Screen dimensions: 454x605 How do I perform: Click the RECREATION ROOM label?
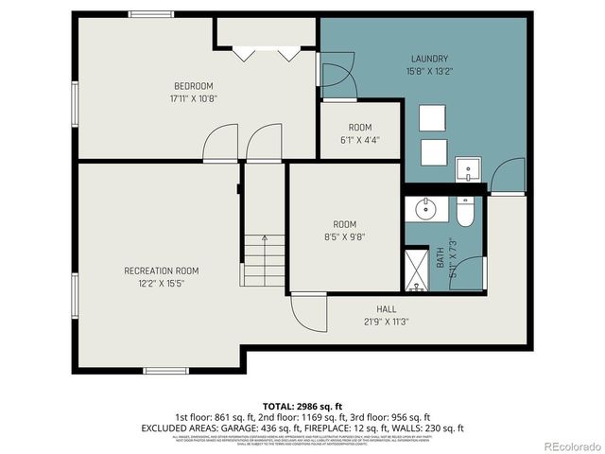(162, 271)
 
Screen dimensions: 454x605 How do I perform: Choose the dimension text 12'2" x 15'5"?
(162, 283)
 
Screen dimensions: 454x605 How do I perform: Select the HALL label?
(387, 308)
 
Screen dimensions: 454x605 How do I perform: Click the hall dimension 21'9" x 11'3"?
(387, 321)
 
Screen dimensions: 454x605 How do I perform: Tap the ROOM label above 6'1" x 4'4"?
(360, 128)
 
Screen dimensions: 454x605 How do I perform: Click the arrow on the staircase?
(265, 242)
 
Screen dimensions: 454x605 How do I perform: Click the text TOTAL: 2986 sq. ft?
(302, 404)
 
